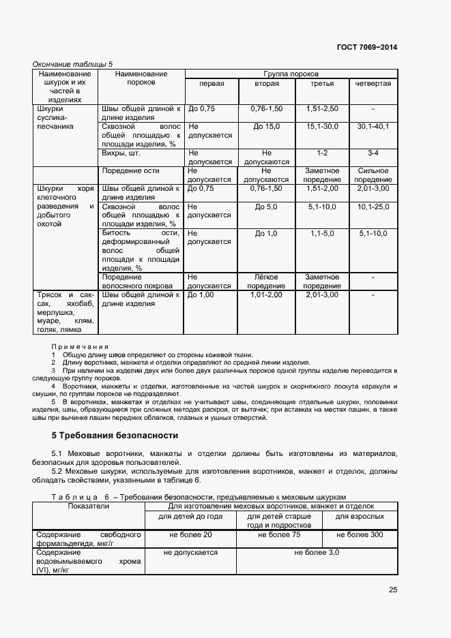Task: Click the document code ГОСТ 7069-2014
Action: coord(366,47)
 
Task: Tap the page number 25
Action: coord(392,590)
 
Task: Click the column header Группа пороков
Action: coord(291,73)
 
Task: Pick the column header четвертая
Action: coord(373,83)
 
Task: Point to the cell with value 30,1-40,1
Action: coord(373,126)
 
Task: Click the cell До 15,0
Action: coord(266,126)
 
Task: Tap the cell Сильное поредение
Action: coord(373,175)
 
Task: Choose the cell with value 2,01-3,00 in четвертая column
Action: coord(373,188)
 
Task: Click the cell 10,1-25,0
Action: coord(373,206)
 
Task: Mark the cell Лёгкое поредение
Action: coord(266,282)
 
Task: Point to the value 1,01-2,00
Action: coord(266,294)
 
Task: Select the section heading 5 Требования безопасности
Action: coord(115,435)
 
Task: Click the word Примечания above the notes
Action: coord(79,347)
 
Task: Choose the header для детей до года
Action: coord(190,516)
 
